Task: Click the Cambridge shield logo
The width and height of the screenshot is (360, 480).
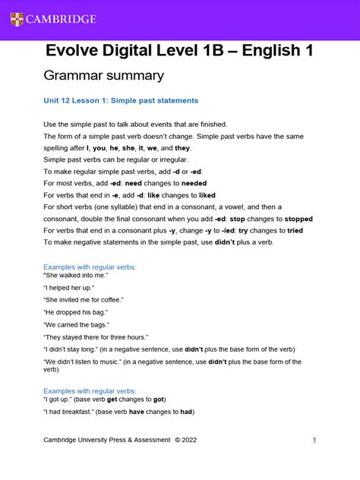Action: pyautogui.click(x=17, y=19)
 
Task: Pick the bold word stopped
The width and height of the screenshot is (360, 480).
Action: pyautogui.click(x=292, y=218)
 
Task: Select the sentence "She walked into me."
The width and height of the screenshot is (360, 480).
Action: pyautogui.click(x=76, y=275)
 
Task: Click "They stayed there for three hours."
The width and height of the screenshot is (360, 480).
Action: pyautogui.click(x=96, y=336)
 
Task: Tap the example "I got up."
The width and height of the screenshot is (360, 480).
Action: pyautogui.click(x=62, y=399)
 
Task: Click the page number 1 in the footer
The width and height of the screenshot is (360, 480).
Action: pyautogui.click(x=314, y=440)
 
